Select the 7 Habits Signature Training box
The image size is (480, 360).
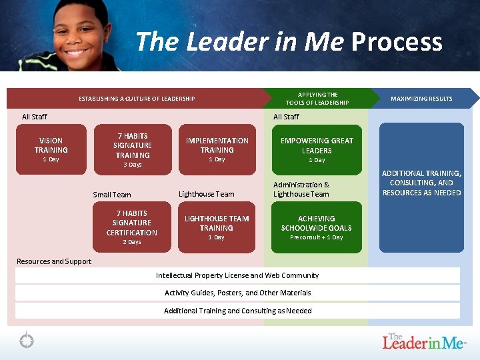pos(131,149)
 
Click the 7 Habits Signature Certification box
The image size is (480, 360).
pos(131,227)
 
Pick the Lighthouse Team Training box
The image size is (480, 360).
pos(217,227)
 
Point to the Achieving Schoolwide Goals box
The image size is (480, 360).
pos(317,227)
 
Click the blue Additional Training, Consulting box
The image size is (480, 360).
pos(421,187)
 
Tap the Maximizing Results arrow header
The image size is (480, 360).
pos(422,99)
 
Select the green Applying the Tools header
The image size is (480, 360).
pos(317,99)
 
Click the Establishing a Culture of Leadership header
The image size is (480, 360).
pos(137,99)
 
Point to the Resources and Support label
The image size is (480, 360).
pos(54,261)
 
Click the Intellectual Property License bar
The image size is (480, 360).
pos(237,275)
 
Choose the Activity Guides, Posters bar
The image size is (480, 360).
pos(237,293)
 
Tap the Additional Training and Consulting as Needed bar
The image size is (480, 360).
pos(237,311)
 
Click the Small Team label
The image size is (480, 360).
pos(112,195)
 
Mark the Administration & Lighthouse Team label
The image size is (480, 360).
pos(301,189)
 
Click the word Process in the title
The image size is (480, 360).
pos(397,42)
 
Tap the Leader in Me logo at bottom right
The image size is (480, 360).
pos(424,341)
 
